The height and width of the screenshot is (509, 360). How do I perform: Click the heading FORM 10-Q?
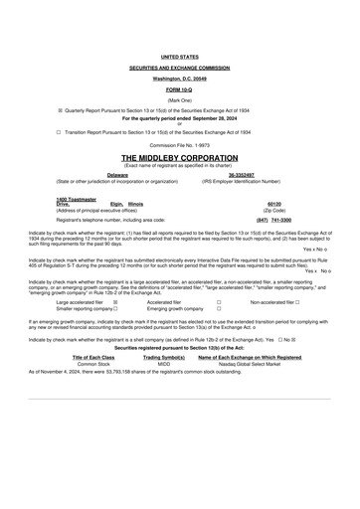pos(180,88)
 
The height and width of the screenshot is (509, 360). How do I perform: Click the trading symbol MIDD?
pos(163,363)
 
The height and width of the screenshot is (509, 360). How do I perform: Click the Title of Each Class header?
pos(93,356)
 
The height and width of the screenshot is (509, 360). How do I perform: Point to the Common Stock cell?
pos(93,363)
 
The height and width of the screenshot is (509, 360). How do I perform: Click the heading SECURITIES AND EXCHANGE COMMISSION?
pos(180,69)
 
